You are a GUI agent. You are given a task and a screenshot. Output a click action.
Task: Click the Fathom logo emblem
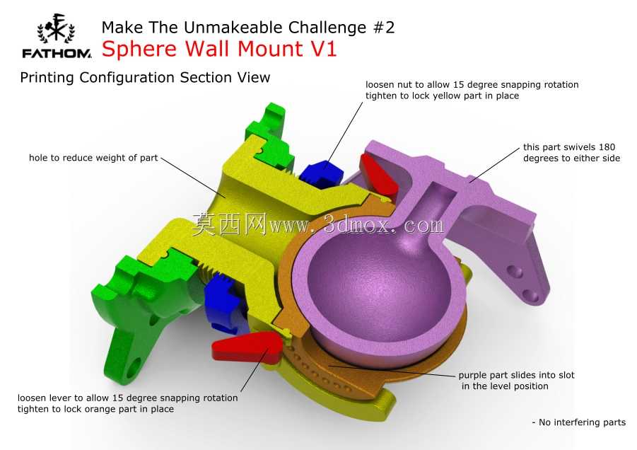point(56,28)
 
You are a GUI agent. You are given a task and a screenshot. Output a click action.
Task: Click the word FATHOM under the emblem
point(57,53)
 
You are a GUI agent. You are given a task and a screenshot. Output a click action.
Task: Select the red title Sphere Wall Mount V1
point(219,49)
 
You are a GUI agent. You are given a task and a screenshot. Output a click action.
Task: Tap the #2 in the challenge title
point(383,28)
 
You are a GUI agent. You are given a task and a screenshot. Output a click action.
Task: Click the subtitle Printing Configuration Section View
point(145,77)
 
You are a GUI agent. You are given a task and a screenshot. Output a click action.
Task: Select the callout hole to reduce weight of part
point(93,158)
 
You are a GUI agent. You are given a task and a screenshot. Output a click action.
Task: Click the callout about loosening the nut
point(472,91)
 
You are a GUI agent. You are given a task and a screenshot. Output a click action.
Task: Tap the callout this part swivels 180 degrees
point(571,152)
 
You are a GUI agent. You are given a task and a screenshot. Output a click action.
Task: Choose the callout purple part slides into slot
point(516,381)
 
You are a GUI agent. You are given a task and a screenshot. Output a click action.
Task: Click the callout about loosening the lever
point(127,403)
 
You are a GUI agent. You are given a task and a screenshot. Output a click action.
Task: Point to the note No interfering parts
point(579,422)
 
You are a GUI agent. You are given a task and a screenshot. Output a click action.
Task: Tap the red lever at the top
point(378,174)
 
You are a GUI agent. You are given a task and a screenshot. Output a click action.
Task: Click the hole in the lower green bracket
point(133,367)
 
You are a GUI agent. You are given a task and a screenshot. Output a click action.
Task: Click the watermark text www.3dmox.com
point(356,225)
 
